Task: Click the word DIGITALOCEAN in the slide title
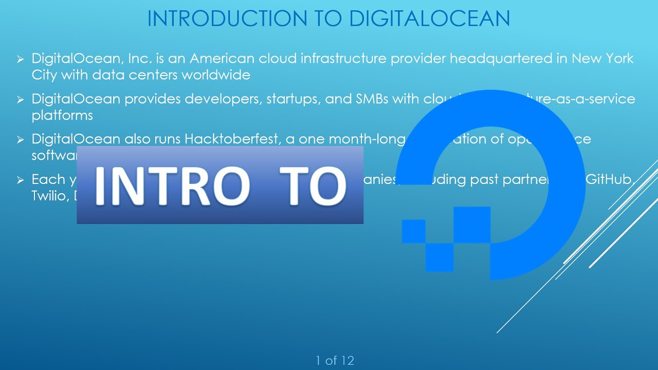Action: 429,18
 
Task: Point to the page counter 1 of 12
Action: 335,361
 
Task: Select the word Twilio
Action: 49,196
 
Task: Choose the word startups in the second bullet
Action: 293,99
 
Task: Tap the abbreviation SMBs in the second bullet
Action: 372,99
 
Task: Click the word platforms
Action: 62,115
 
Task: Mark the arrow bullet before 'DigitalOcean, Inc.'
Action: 21,60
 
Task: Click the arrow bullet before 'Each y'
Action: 21,180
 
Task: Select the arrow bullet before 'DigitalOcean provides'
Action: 21,100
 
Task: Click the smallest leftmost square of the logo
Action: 413,231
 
